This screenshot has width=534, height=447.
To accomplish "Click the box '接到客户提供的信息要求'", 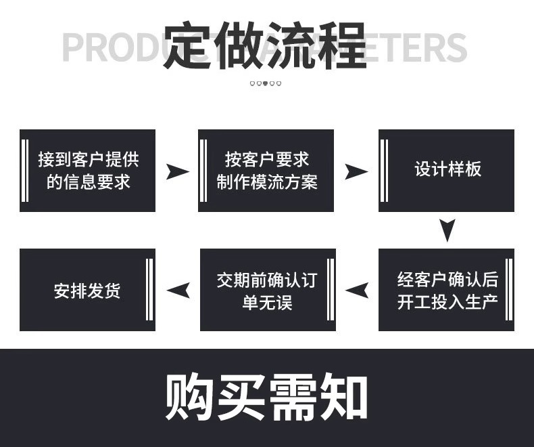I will (x=88, y=171).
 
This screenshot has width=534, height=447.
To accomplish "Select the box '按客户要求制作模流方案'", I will (x=266, y=171).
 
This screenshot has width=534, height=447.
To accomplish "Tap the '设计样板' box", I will (x=447, y=171).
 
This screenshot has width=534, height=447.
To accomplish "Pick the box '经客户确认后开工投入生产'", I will (x=447, y=290).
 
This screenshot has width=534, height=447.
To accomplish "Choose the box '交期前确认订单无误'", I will (x=266, y=290).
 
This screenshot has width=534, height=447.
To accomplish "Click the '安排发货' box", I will (x=87, y=290).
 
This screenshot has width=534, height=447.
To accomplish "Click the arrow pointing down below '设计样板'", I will (x=447, y=230).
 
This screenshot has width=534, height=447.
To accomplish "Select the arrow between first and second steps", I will (x=178, y=171).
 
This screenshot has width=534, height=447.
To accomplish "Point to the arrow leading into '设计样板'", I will (x=356, y=171).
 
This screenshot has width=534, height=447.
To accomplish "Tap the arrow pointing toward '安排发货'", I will (x=178, y=291).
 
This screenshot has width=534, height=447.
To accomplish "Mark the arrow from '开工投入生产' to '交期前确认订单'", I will (x=357, y=291).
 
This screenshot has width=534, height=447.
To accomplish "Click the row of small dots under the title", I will (x=266, y=84).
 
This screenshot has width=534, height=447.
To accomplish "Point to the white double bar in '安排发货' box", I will (x=149, y=290).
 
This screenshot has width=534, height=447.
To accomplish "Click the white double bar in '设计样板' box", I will (x=384, y=171).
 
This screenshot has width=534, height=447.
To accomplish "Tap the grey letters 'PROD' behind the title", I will (x=112, y=46).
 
